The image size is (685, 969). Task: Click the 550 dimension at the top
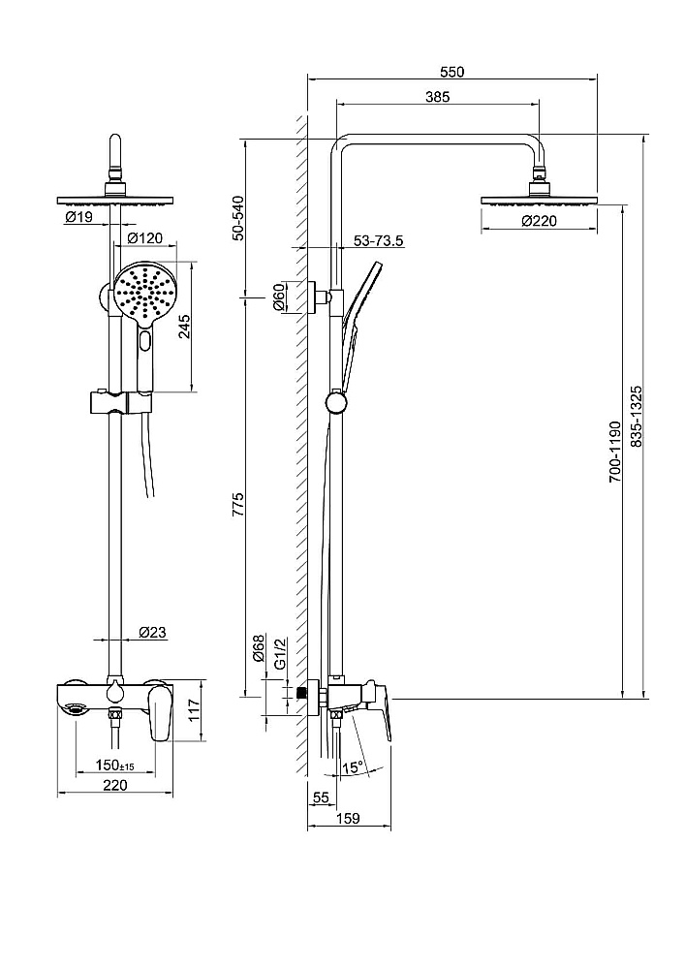pyautogui.click(x=451, y=72)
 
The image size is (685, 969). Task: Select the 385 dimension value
pyautogui.click(x=437, y=96)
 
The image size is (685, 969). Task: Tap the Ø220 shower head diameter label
pyautogui.click(x=539, y=221)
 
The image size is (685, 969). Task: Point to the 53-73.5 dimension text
pyautogui.click(x=379, y=240)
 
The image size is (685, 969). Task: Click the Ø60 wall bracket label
pyautogui.click(x=279, y=297)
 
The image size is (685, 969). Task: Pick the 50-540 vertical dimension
pyautogui.click(x=238, y=217)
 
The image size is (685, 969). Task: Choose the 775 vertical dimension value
pyautogui.click(x=238, y=504)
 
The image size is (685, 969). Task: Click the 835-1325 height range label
pyautogui.click(x=637, y=417)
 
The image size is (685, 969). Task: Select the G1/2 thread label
pyautogui.click(x=280, y=654)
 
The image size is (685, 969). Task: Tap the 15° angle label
pyautogui.click(x=352, y=767)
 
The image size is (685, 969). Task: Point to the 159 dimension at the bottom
pyautogui.click(x=349, y=818)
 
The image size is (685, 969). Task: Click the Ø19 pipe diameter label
pyautogui.click(x=78, y=216)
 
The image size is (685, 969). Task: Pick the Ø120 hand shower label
pyautogui.click(x=145, y=238)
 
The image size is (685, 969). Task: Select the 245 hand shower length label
pyautogui.click(x=184, y=327)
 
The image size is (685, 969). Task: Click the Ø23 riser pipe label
pyautogui.click(x=152, y=632)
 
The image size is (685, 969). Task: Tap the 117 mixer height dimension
pyautogui.click(x=194, y=710)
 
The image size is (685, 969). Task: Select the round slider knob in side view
pyautogui.click(x=336, y=403)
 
